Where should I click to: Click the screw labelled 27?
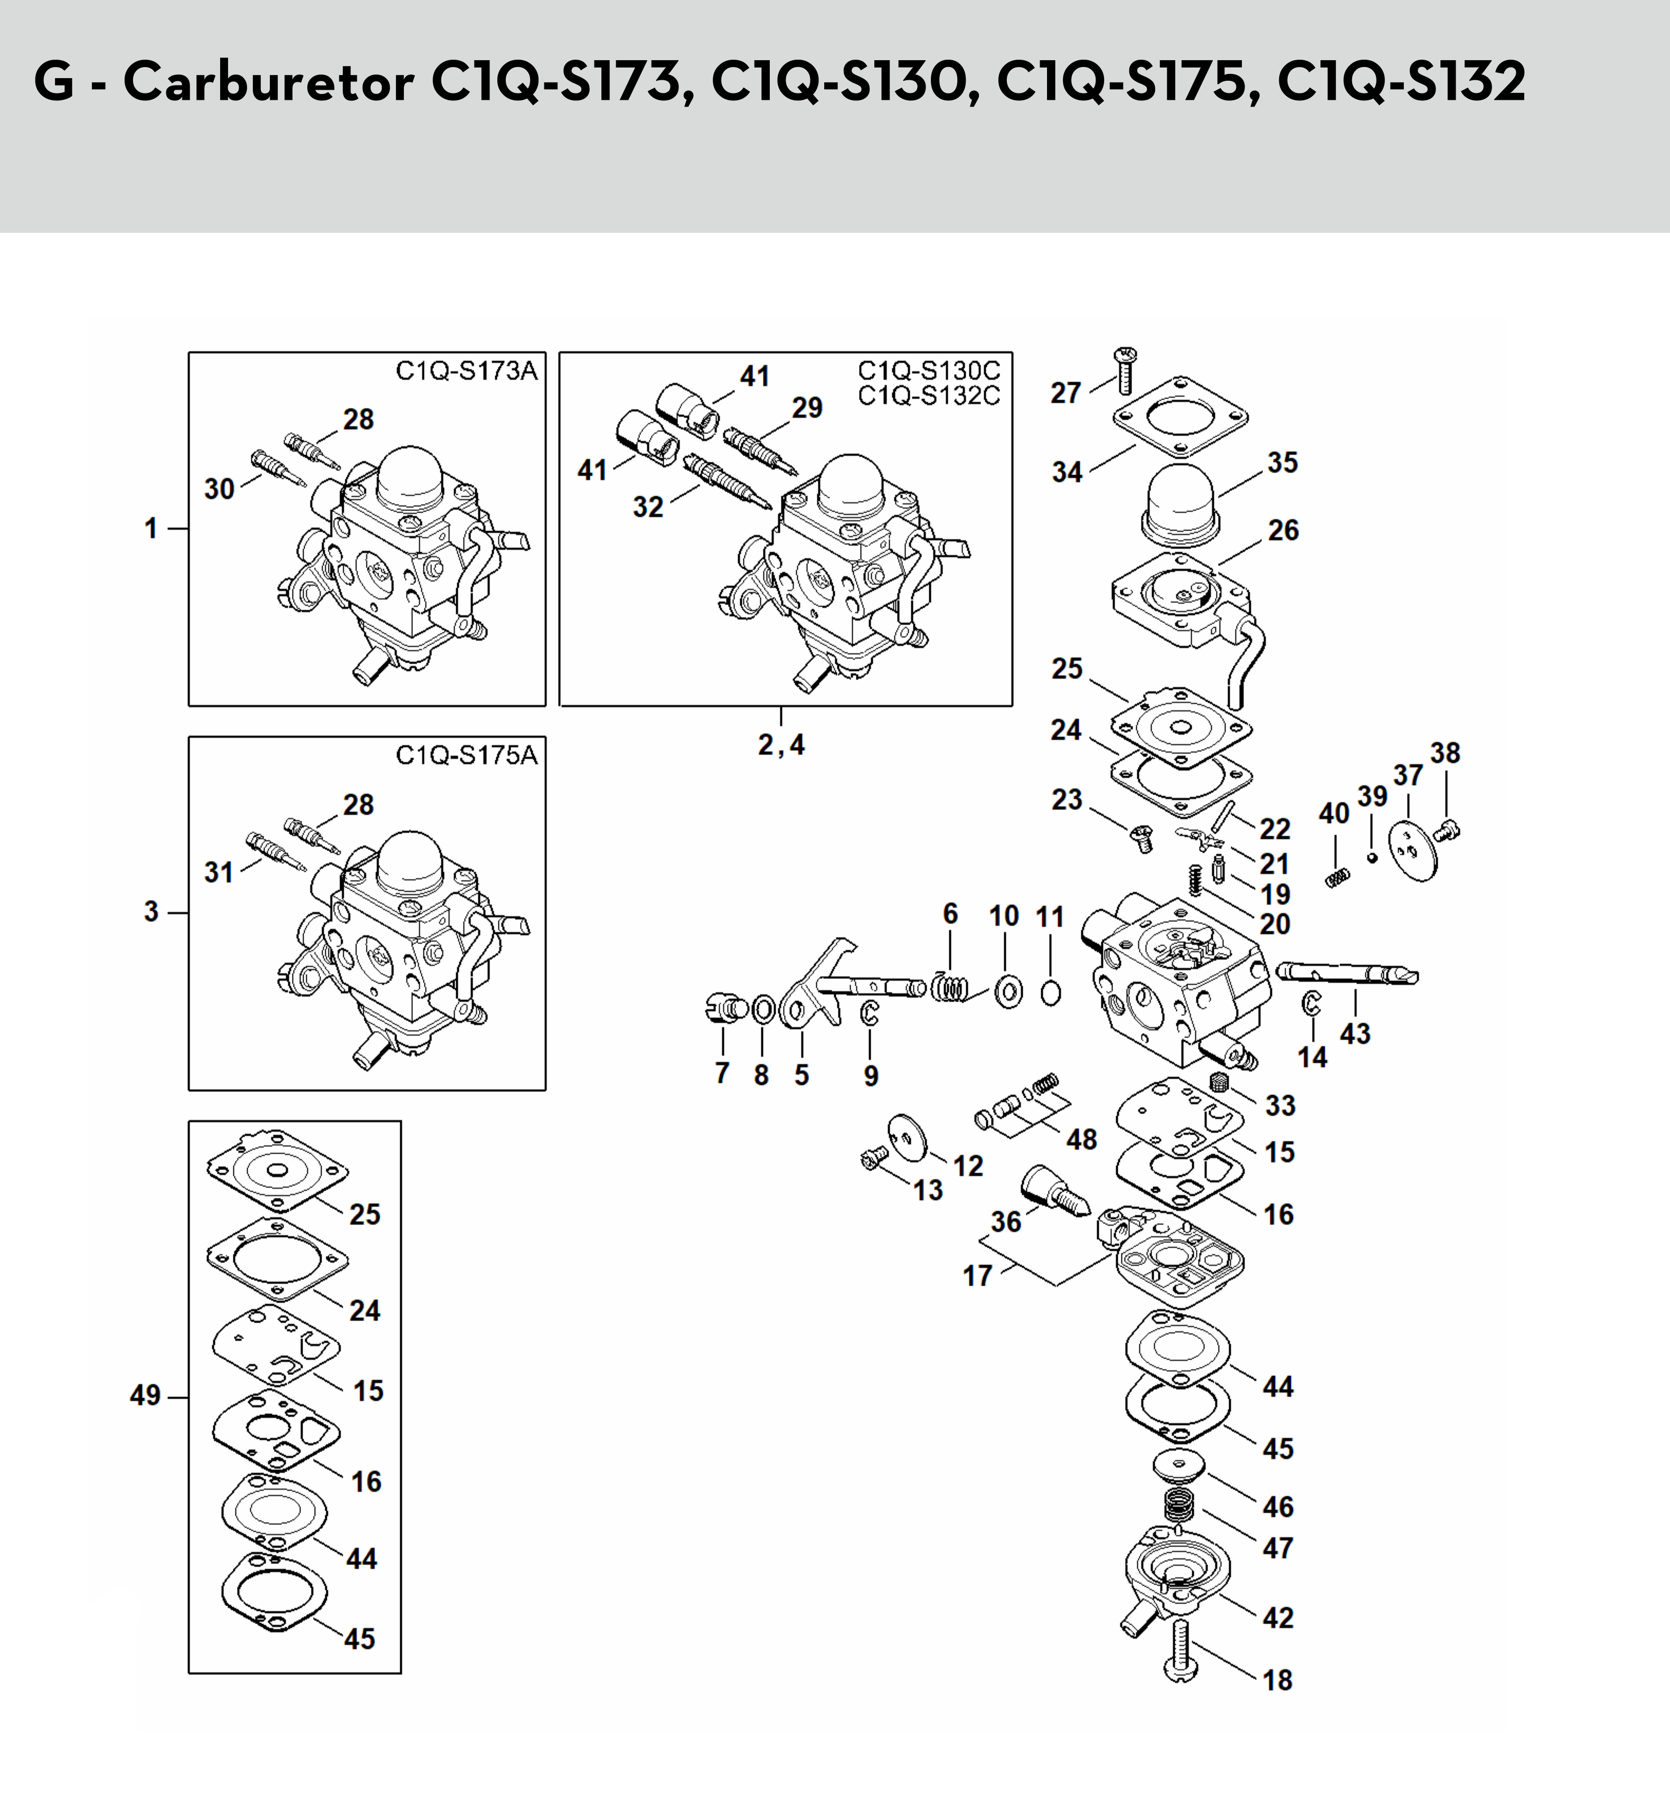pos(1126,371)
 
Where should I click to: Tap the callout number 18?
pos(1277,1680)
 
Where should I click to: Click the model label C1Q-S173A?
pos(466,371)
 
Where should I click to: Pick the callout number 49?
pos(146,1396)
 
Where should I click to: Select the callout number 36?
pos(1006,1221)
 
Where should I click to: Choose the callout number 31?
pos(219,873)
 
